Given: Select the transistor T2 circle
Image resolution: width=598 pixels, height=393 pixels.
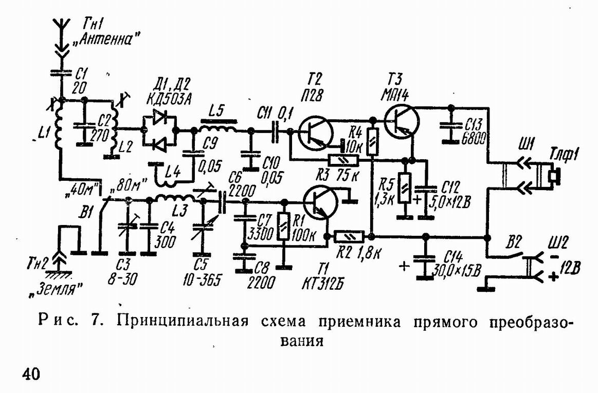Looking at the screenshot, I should (313, 132).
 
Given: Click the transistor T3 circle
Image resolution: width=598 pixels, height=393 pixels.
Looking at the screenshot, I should (403, 121).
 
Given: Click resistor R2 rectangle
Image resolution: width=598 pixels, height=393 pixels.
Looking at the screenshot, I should (350, 236).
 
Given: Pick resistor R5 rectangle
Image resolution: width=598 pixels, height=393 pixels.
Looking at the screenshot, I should (405, 188).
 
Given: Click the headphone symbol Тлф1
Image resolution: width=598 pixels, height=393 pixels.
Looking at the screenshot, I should (547, 175).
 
